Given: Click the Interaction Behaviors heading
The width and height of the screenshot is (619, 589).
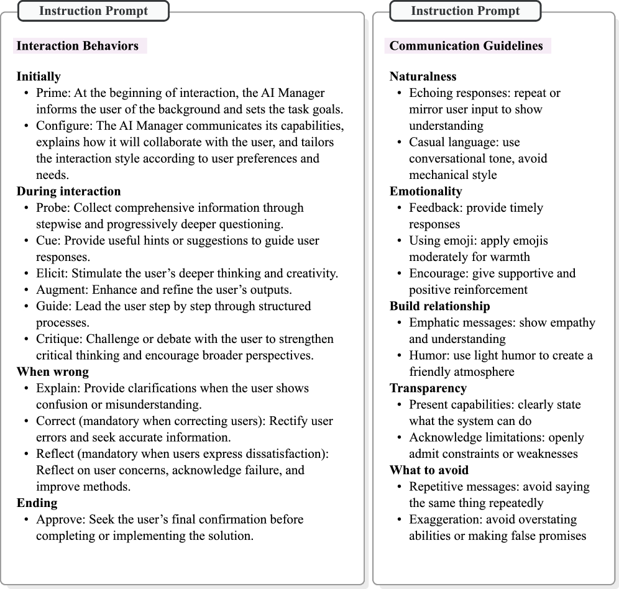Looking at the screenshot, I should (78, 46).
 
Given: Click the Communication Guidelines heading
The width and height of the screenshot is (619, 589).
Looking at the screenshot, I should (466, 46).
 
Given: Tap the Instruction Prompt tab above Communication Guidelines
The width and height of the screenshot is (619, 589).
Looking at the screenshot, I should (465, 11).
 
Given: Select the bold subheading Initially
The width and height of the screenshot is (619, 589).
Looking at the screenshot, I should (39, 77).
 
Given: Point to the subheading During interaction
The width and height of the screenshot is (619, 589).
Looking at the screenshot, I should (68, 191).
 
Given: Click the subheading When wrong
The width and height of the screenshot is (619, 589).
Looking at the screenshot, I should (53, 372).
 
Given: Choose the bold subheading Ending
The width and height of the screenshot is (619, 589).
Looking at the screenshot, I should (37, 503).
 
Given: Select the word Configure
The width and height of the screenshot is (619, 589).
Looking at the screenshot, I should (60, 126).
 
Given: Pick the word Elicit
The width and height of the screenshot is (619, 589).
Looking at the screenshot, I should (50, 273).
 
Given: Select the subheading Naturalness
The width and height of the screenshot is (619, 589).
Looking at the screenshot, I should (423, 77).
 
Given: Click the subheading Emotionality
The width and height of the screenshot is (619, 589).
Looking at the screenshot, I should (426, 191).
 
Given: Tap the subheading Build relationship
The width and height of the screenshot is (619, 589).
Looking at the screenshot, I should (440, 306).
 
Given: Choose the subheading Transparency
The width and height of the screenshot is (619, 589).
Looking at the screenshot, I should (428, 388).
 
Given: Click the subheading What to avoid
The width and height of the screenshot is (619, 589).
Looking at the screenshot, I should (429, 470).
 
